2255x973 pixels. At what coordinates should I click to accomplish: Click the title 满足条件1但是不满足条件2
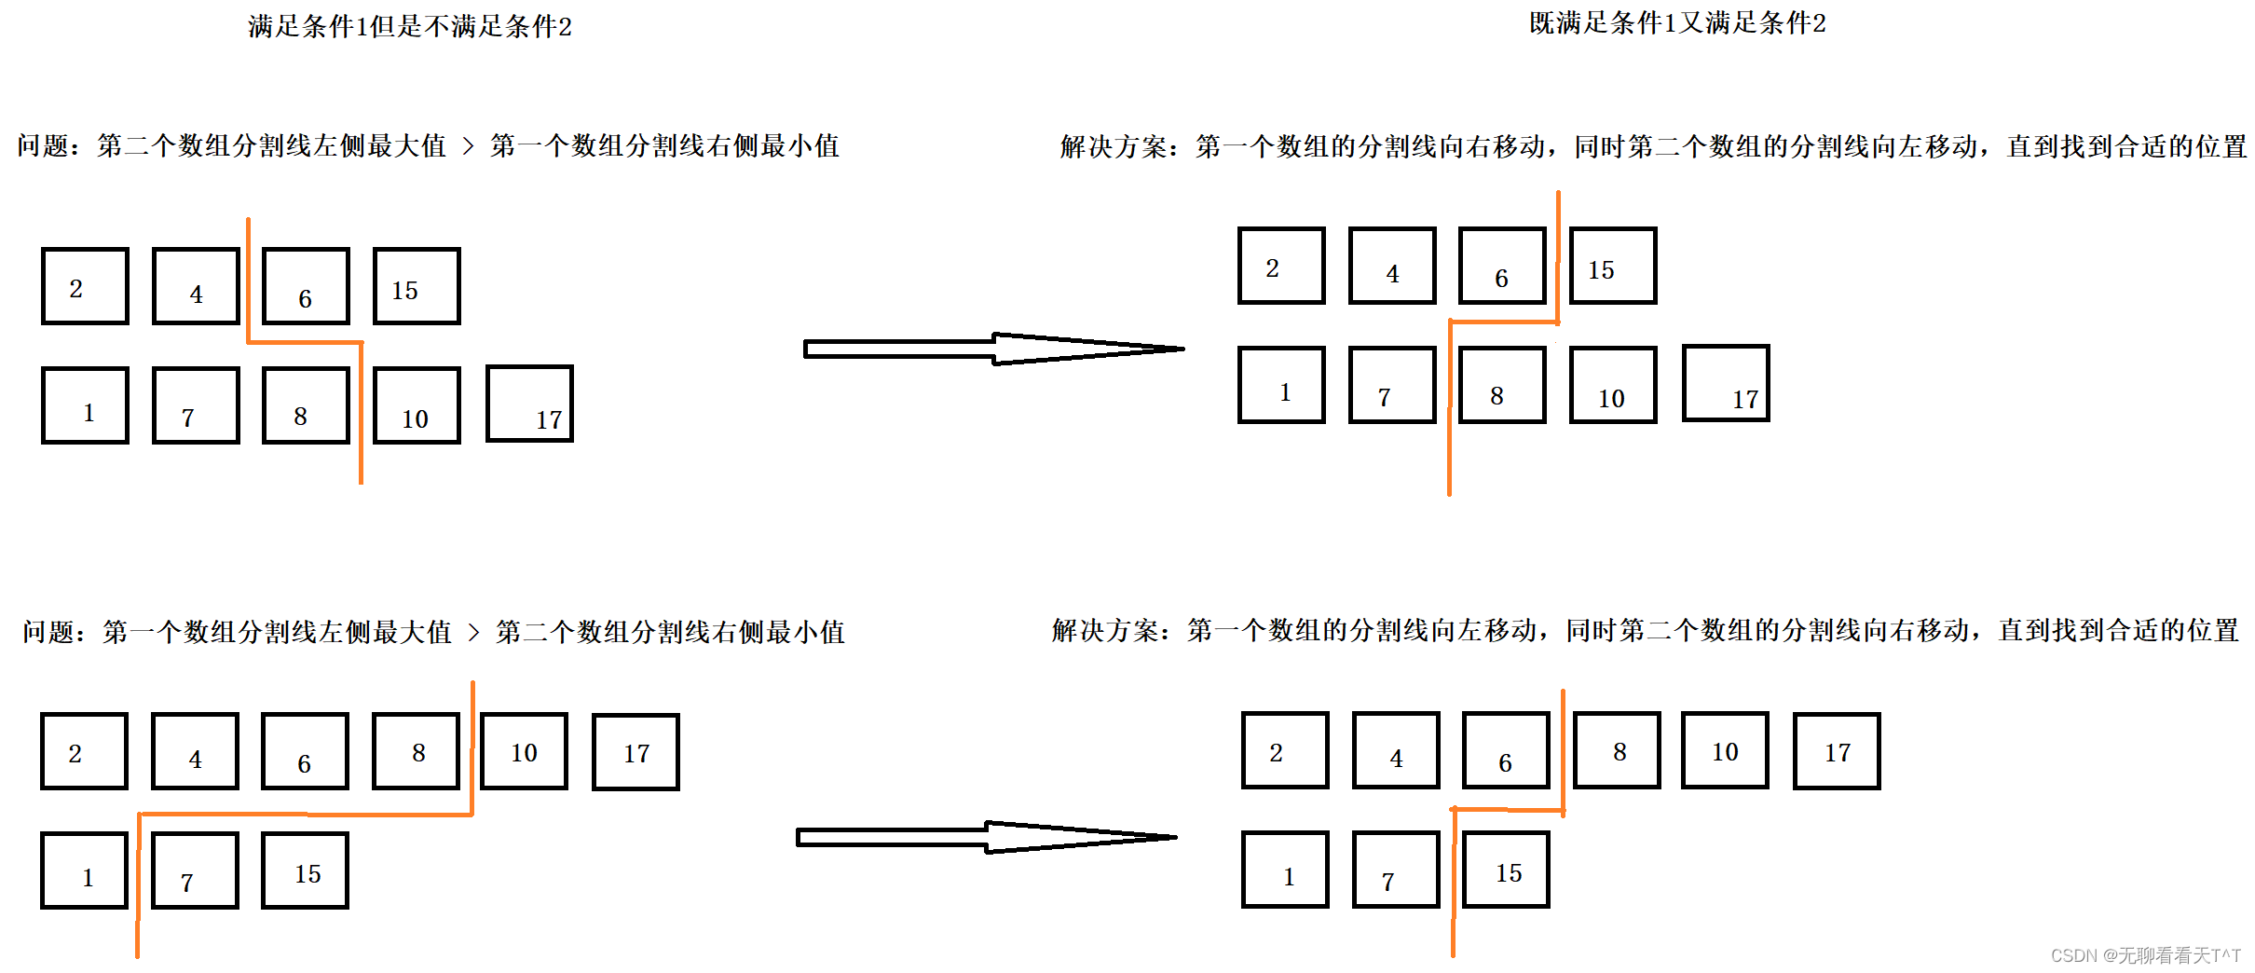click(410, 26)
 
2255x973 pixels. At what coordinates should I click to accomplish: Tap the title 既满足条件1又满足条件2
click(1677, 23)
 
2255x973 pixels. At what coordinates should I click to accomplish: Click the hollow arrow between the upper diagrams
click(992, 349)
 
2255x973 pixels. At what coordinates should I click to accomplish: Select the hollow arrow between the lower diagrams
click(985, 837)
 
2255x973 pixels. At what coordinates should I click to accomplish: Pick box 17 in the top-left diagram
click(529, 404)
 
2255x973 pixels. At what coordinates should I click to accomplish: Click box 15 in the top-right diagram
click(1613, 266)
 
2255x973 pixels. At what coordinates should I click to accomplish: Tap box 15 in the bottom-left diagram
click(306, 870)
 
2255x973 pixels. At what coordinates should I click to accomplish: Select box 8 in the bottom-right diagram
click(1617, 750)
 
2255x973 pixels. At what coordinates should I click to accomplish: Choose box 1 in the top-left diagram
click(85, 405)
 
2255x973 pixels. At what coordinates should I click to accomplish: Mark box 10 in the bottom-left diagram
click(524, 751)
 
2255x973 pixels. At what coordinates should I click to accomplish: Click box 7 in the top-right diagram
click(1392, 385)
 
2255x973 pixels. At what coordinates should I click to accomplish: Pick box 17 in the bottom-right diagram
click(1837, 751)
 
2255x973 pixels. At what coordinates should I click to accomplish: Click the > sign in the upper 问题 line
click(468, 146)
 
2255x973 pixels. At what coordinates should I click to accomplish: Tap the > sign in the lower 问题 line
click(473, 633)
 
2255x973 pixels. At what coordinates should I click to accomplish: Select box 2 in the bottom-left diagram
click(84, 751)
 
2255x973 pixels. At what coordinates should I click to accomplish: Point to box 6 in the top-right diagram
click(1502, 266)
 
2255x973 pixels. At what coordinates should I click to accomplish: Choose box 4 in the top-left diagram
click(196, 286)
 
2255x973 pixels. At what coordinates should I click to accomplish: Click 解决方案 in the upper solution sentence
click(1114, 147)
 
